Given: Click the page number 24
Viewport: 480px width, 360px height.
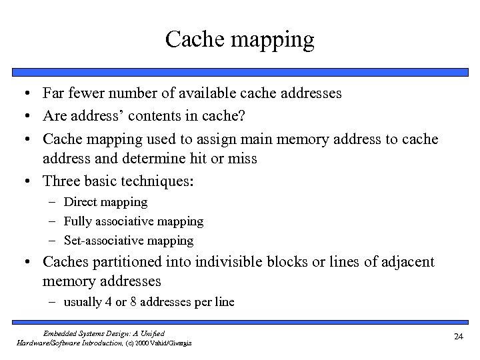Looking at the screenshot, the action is tap(458, 337).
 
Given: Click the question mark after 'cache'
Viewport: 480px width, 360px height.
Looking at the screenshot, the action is tap(242, 116).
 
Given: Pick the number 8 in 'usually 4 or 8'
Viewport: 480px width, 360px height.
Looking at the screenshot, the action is tap(132, 302).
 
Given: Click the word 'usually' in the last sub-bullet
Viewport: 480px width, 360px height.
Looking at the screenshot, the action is tap(83, 302).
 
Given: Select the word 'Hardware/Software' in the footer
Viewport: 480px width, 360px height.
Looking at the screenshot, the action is tap(46, 342).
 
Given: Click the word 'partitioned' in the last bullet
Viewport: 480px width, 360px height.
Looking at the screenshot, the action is tap(125, 262).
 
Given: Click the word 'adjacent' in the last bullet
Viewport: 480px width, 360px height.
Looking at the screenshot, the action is tap(408, 262).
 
